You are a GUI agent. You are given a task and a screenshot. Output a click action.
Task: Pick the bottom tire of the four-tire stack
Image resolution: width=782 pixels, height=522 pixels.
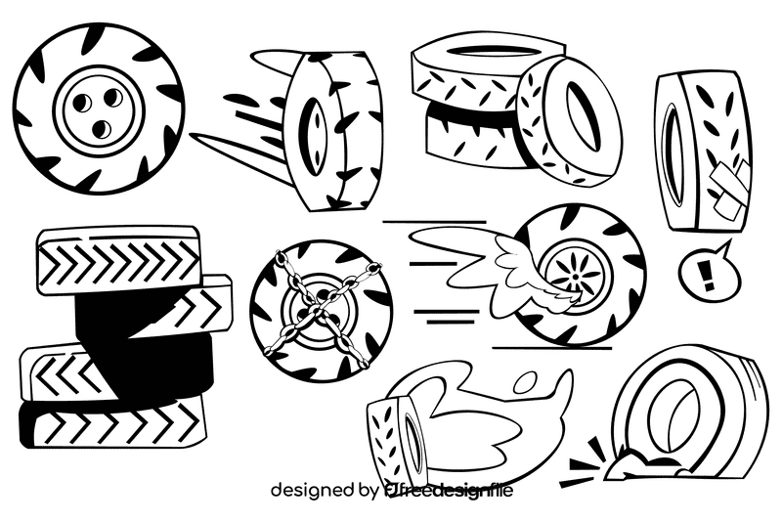112,422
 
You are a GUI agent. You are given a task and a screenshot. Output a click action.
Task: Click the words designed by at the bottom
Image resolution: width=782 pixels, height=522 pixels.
324,489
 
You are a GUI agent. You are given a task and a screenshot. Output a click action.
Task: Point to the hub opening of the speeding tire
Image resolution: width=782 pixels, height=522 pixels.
316,125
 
